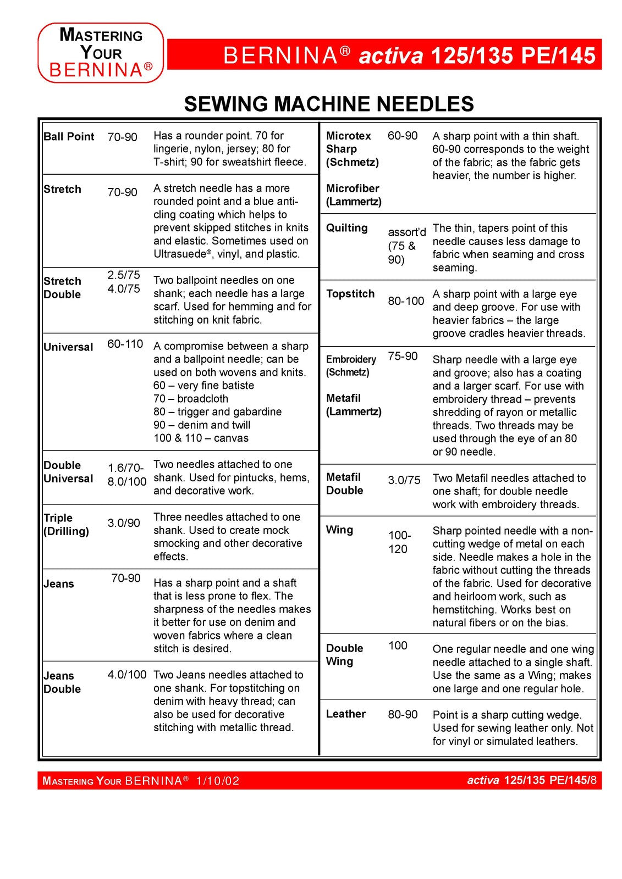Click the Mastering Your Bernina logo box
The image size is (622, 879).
click(x=101, y=53)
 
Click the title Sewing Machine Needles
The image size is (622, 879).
click(x=329, y=104)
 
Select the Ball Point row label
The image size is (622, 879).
click(x=69, y=136)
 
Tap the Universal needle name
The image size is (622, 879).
click(x=68, y=347)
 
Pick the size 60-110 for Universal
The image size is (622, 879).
click(x=125, y=344)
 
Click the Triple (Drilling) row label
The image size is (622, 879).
click(x=66, y=524)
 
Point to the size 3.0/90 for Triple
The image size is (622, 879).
click(x=124, y=522)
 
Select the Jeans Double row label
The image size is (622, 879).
click(x=62, y=682)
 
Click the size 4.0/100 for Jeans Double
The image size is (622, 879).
click(x=127, y=675)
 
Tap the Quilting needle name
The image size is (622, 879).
click(x=346, y=227)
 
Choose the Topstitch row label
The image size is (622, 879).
click(x=350, y=293)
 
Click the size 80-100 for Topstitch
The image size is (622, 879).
click(x=406, y=301)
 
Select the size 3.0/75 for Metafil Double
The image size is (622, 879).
click(x=404, y=480)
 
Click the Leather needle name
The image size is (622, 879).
click(x=346, y=714)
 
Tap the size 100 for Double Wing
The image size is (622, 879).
click(x=398, y=646)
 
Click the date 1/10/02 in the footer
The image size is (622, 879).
click(x=218, y=781)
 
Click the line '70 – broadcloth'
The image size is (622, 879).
click(x=191, y=398)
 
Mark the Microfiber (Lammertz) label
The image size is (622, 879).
click(x=354, y=194)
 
